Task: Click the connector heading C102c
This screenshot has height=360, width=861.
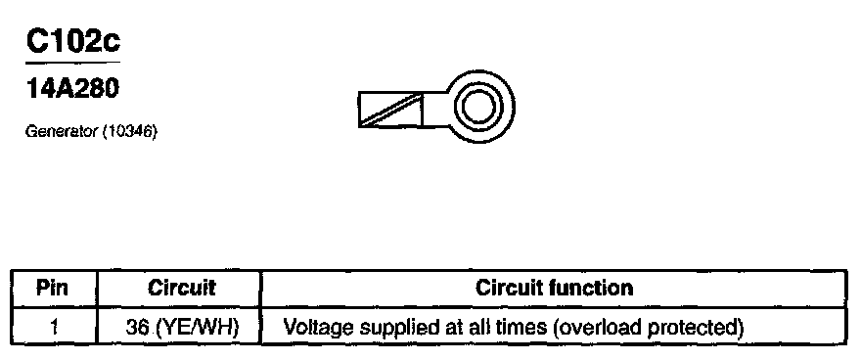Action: pyautogui.click(x=73, y=42)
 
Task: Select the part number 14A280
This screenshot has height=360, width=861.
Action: pyautogui.click(x=72, y=88)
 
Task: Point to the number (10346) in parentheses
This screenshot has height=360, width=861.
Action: pyautogui.click(x=129, y=132)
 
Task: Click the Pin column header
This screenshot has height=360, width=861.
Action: pyautogui.click(x=52, y=289)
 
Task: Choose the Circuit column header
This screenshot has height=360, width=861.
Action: pyautogui.click(x=181, y=289)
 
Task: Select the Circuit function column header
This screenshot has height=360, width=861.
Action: pyautogui.click(x=554, y=288)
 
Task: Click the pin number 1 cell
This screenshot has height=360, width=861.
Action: pyautogui.click(x=53, y=328)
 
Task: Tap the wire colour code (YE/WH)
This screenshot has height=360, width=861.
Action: pyautogui.click(x=197, y=328)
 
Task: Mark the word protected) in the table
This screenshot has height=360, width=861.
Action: pyautogui.click(x=696, y=328)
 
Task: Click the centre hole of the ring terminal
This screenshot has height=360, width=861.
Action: pyautogui.click(x=479, y=106)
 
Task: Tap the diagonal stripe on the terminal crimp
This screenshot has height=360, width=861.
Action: pyautogui.click(x=392, y=110)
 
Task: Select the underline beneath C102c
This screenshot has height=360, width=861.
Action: pyautogui.click(x=73, y=62)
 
